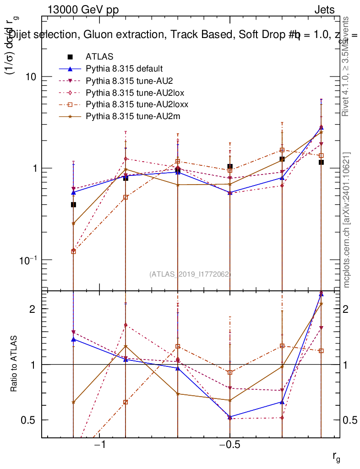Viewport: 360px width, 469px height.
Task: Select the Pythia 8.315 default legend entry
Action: pos(124,69)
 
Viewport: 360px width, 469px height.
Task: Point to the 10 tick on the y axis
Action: pos(31,76)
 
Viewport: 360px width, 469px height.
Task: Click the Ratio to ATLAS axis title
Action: pos(14,364)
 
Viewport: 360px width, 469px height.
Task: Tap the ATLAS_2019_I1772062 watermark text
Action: pos(190,274)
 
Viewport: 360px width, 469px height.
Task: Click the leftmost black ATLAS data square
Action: pos(73,205)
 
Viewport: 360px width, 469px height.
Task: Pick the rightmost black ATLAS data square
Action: pos(321,162)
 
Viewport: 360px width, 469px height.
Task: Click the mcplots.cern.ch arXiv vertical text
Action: pos(347,219)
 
